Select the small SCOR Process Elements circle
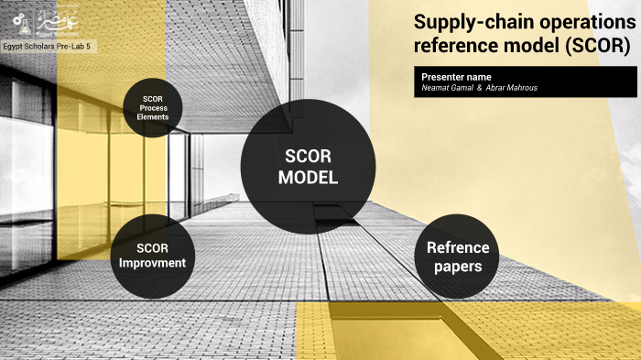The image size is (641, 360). point(154,107)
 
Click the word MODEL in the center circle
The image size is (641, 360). point(308,178)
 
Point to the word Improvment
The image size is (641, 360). point(152,263)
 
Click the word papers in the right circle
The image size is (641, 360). point(458,267)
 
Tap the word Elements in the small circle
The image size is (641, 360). point(154,117)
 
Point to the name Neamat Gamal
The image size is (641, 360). point(447,87)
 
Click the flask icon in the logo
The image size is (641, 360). point(12,20)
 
